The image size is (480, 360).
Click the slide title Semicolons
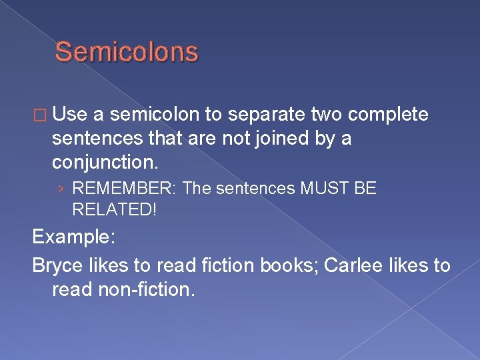click(127, 52)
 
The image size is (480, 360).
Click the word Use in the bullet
click(71, 115)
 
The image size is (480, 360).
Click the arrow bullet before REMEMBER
click(61, 189)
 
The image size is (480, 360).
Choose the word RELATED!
click(114, 210)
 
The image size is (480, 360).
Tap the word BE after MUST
click(366, 189)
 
